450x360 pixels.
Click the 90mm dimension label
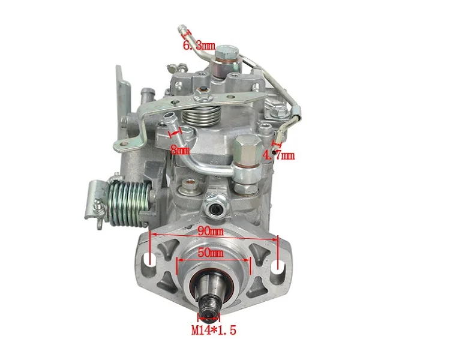[211, 231]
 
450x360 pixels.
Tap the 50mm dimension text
[211, 253]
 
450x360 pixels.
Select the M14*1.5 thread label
[214, 330]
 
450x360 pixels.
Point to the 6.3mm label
[199, 46]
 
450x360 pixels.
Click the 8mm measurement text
[180, 149]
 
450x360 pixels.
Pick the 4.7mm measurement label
[278, 155]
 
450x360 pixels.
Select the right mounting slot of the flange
[278, 268]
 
